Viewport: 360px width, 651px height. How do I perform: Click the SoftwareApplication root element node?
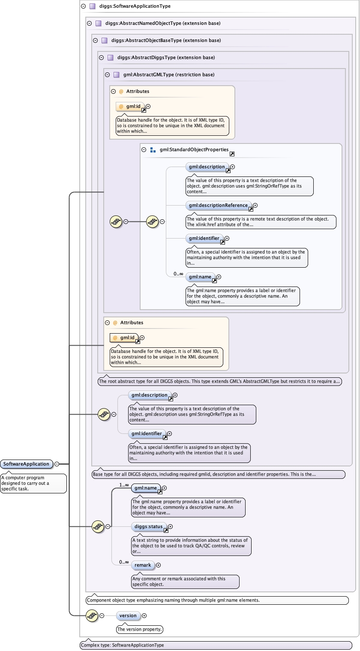[x=27, y=464]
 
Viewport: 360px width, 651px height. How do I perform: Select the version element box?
[x=128, y=615]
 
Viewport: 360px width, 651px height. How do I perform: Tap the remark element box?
[x=143, y=565]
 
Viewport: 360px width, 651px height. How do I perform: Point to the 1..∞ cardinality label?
[x=124, y=485]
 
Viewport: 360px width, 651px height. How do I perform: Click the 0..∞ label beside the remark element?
[x=124, y=562]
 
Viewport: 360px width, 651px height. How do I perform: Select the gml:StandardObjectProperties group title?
[x=194, y=150]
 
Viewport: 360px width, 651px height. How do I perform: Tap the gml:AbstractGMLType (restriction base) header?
[x=169, y=75]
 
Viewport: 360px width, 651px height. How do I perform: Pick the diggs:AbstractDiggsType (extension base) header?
[x=166, y=57]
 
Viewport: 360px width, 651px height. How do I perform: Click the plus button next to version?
[x=144, y=615]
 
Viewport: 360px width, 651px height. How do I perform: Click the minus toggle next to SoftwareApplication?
[x=57, y=464]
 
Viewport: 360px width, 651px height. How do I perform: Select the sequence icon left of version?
[x=92, y=615]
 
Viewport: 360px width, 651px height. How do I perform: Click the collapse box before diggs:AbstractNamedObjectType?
[x=89, y=24]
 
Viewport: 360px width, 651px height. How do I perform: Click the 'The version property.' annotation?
[x=140, y=630]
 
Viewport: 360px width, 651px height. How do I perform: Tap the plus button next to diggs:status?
[x=170, y=526]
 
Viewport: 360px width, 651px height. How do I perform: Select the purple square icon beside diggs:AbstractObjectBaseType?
[x=104, y=41]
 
